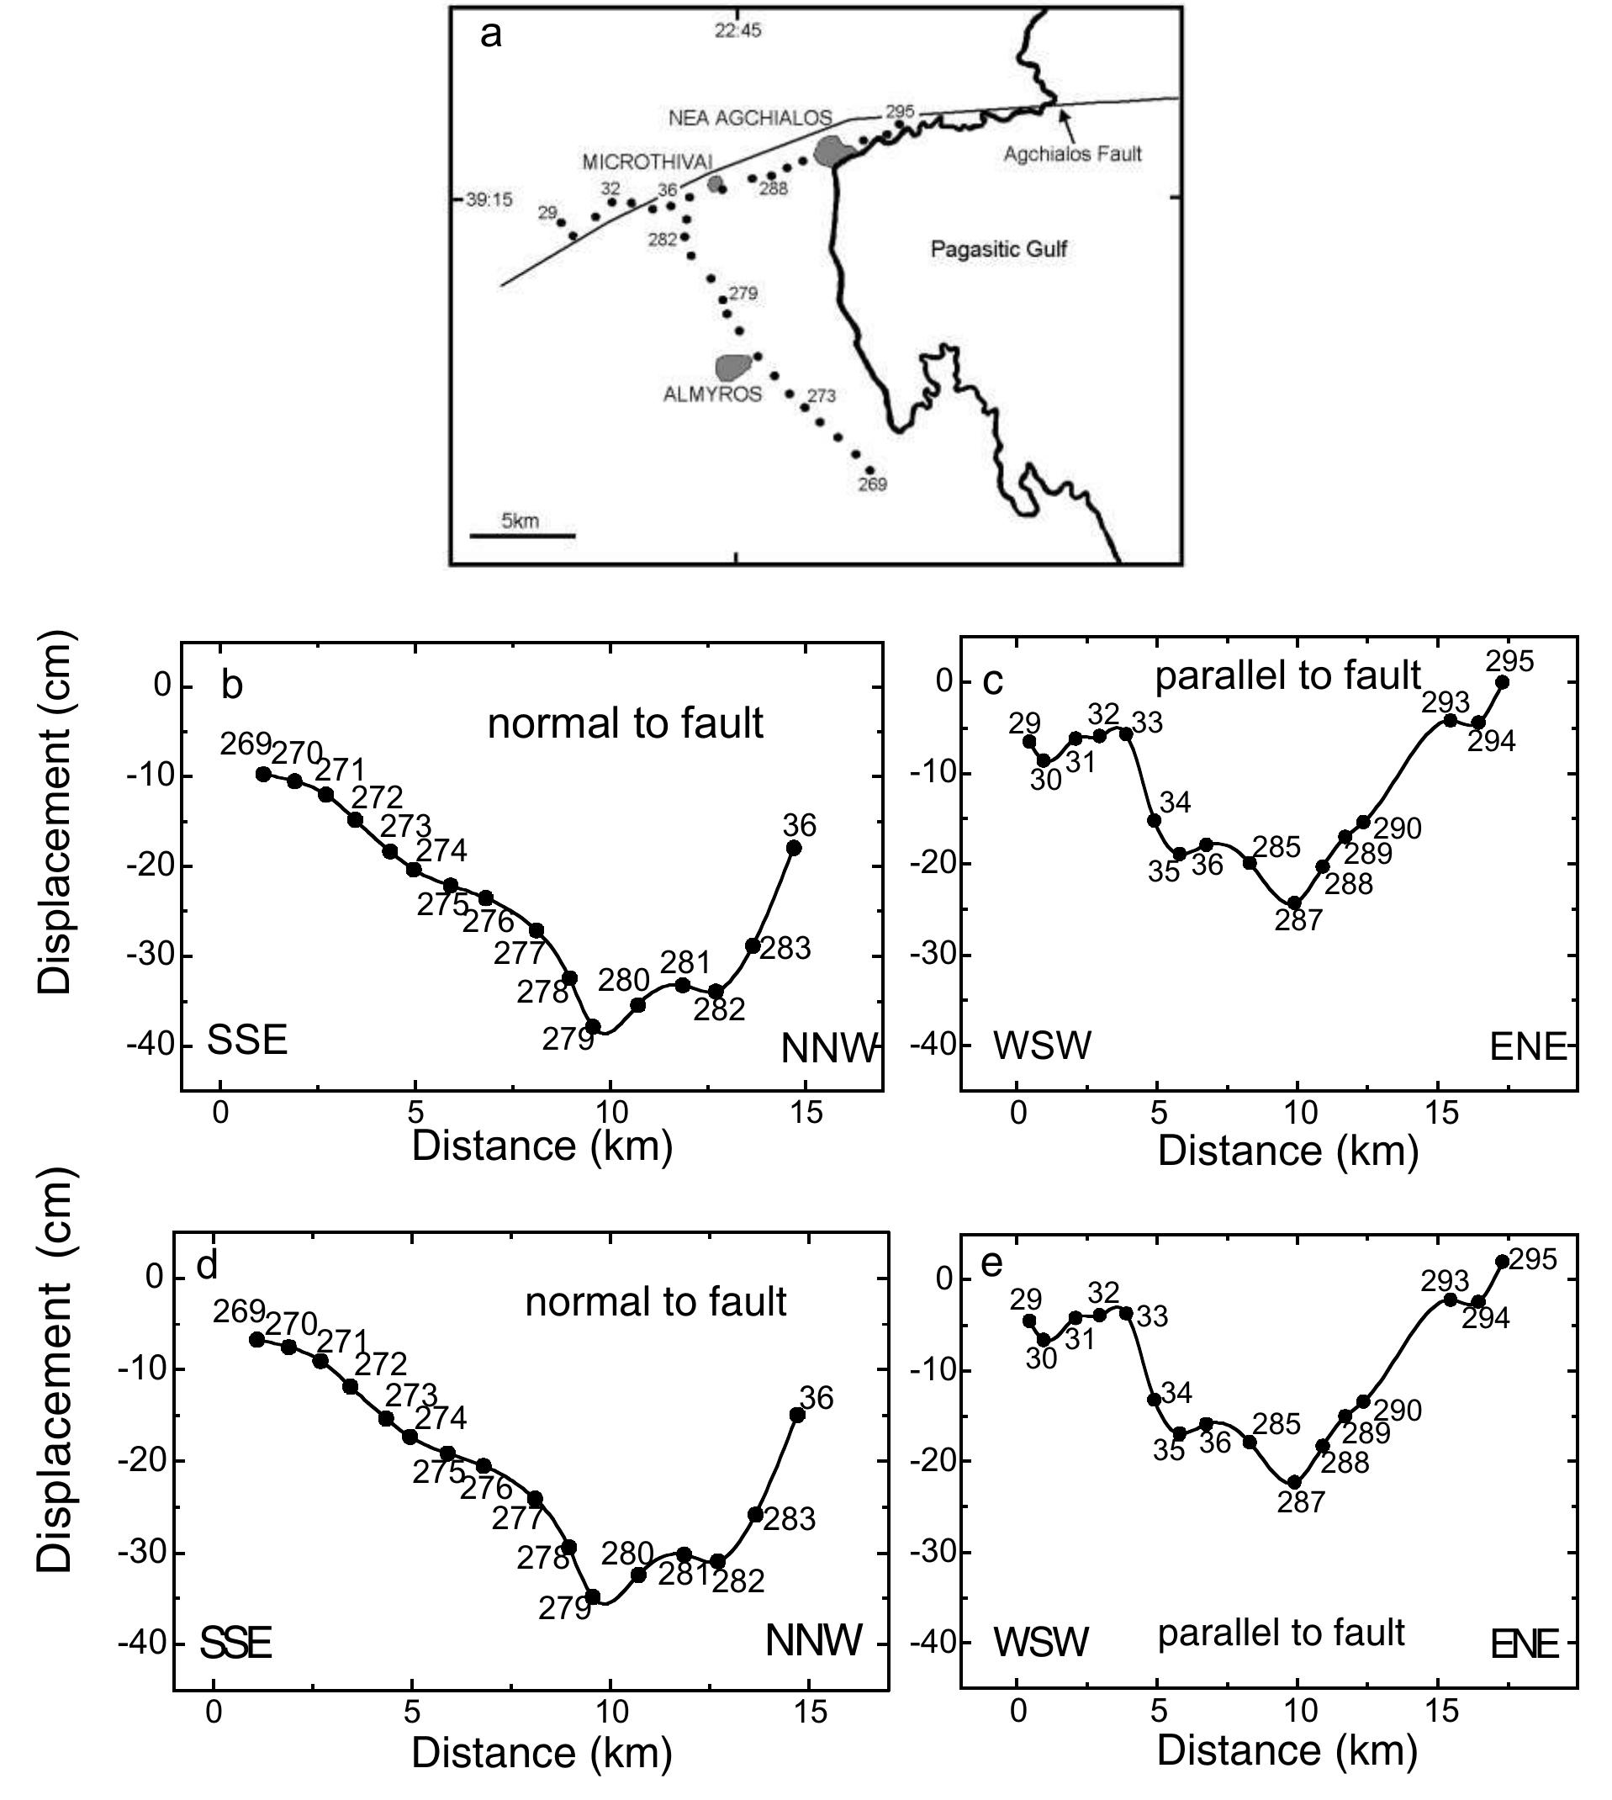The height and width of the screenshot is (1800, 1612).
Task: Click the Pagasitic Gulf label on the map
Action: click(x=998, y=249)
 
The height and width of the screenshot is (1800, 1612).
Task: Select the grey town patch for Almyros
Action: click(x=732, y=366)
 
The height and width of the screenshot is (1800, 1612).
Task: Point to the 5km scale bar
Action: click(x=521, y=535)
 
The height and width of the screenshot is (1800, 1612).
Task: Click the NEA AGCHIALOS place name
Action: click(x=749, y=118)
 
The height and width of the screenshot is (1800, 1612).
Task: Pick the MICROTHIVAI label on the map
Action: click(x=647, y=162)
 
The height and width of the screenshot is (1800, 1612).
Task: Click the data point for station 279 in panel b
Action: click(x=593, y=1027)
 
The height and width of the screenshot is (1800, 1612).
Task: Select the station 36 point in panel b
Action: click(x=794, y=848)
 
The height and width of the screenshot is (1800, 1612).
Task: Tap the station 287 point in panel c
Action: click(x=1294, y=903)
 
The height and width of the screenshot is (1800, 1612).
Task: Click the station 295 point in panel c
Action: click(x=1502, y=682)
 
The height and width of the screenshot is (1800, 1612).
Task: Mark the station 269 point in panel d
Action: click(x=256, y=1339)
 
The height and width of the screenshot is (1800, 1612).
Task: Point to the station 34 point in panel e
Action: click(x=1154, y=1400)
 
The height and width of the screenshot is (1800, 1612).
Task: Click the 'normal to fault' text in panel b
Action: click(x=625, y=723)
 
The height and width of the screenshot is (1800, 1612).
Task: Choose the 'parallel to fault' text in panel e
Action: click(x=1281, y=1633)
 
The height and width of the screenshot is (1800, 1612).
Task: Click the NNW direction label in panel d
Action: click(x=813, y=1641)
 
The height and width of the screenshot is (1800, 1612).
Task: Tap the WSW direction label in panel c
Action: click(x=1042, y=1046)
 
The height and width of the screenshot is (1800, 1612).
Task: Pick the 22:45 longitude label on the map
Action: click(x=737, y=31)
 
